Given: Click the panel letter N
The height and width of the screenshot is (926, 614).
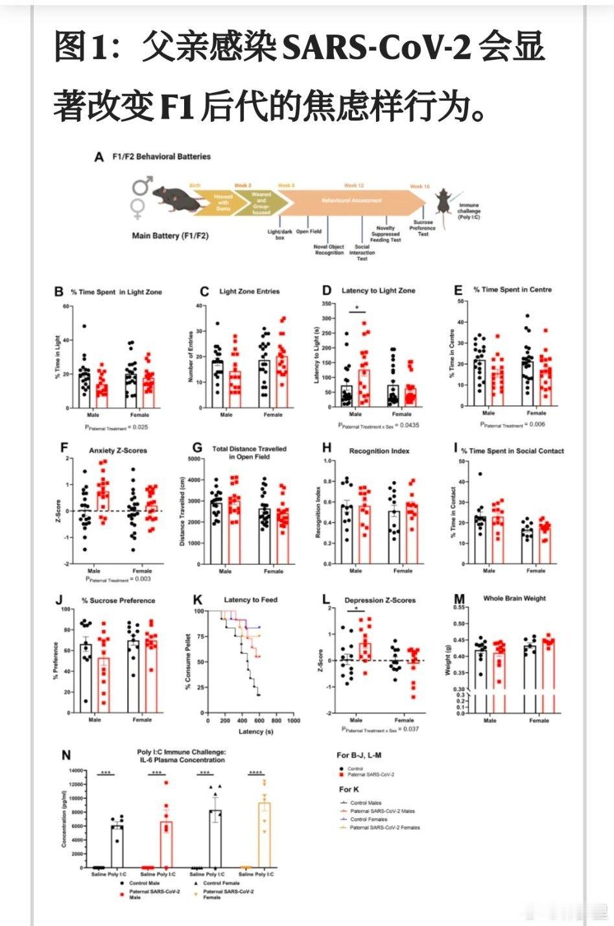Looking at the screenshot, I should point(66,755).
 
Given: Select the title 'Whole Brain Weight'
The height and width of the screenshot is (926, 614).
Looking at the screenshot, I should point(514,599).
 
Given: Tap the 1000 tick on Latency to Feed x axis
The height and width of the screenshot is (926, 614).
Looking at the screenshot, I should point(293,720).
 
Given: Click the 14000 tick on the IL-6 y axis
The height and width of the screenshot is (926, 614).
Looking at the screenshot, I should point(76,770).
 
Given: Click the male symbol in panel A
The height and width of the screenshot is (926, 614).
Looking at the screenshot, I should point(143,186).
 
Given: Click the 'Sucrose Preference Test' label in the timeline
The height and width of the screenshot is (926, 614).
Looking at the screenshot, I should point(423,228).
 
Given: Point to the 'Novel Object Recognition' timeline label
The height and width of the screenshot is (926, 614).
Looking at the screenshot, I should point(329,250).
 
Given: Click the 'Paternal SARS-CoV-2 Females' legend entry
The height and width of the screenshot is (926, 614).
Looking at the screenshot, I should point(384,827).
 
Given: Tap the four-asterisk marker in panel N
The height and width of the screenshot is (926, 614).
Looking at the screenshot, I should point(255,773).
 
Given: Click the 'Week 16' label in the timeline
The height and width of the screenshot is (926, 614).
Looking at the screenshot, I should point(419,186).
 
